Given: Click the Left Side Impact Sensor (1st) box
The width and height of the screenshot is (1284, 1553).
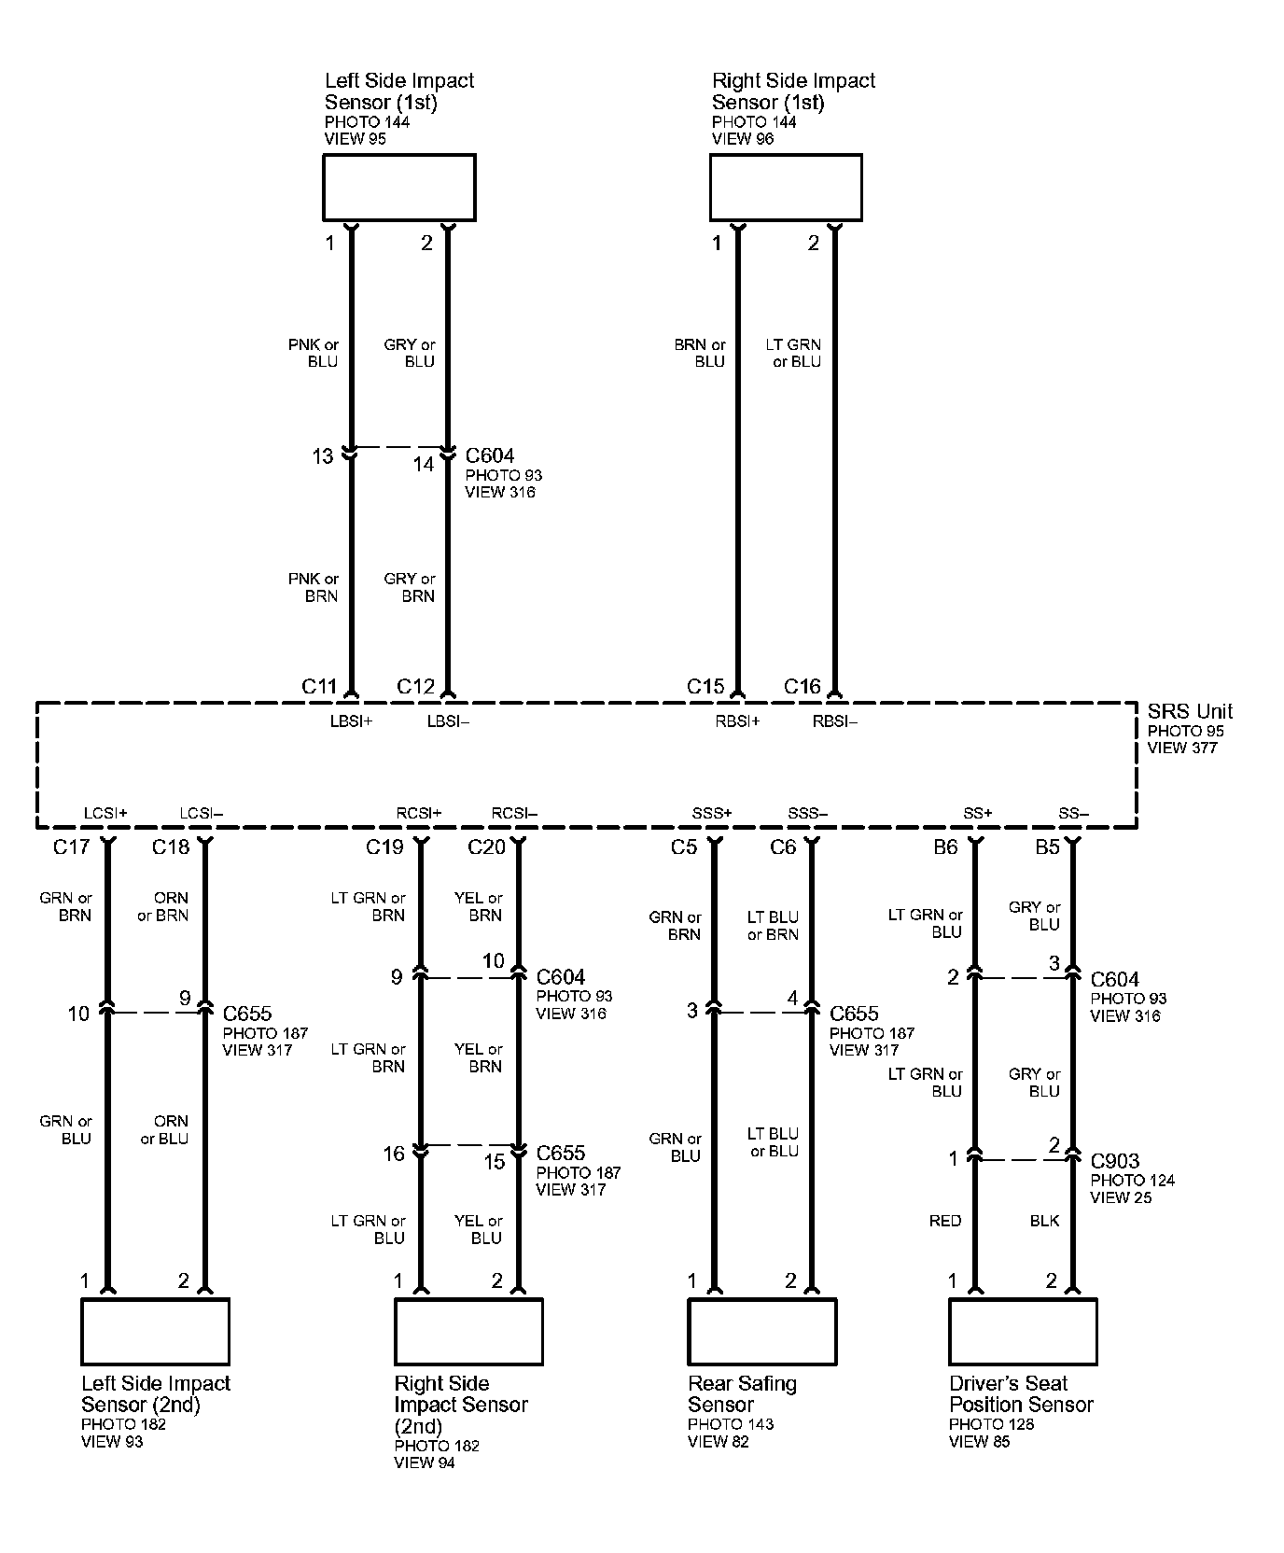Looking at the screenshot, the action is click(398, 188).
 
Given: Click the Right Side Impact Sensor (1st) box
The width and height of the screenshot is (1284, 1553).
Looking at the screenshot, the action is click(786, 188).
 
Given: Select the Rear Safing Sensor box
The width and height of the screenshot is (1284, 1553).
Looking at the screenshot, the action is click(761, 1331).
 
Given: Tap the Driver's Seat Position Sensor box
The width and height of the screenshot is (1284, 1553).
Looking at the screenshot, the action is click(1023, 1331).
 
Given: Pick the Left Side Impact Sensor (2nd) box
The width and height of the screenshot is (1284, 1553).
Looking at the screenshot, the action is click(155, 1331).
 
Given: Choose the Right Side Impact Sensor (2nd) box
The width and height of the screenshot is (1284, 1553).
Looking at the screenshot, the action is click(468, 1331).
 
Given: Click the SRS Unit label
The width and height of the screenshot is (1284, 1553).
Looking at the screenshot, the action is click(1190, 711).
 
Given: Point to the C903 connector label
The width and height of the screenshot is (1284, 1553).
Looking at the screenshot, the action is click(1115, 1161).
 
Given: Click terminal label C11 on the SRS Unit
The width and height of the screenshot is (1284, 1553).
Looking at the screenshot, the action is click(319, 687).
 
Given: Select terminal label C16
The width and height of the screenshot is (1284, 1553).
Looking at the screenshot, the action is click(802, 687).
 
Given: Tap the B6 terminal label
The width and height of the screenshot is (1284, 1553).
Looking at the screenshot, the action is click(945, 846).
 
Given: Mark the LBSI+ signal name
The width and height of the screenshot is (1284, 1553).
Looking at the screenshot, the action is click(351, 721).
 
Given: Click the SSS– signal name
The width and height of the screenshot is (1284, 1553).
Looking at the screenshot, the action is click(807, 814).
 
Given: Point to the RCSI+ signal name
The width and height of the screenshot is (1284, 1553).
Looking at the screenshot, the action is click(418, 814).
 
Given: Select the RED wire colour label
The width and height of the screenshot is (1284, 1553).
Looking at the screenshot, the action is click(945, 1220).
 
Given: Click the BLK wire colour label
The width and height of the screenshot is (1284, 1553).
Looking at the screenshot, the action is click(1044, 1220).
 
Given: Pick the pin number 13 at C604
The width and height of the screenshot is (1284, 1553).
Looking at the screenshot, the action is click(322, 456).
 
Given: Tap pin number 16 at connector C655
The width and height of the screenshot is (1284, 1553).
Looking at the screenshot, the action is click(394, 1154).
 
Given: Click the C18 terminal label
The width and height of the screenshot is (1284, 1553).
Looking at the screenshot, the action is click(171, 846).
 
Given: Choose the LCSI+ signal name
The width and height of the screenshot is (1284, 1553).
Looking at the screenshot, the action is click(105, 814).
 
